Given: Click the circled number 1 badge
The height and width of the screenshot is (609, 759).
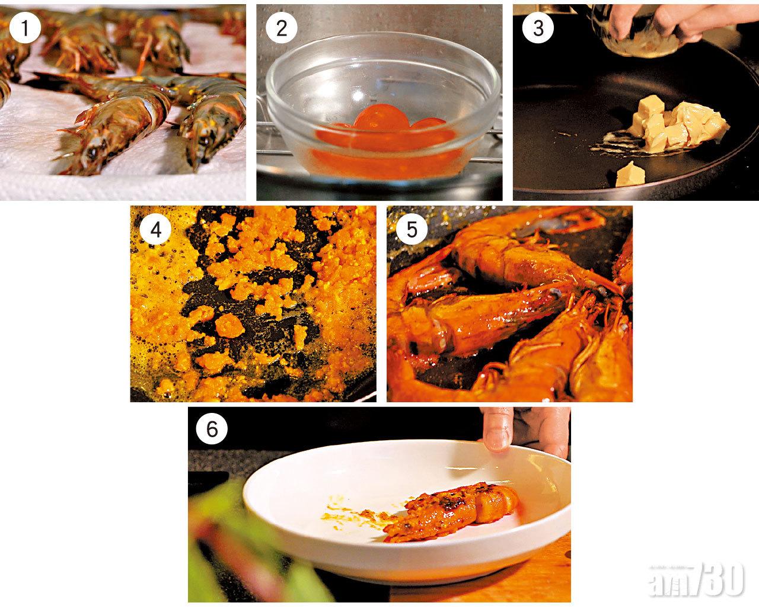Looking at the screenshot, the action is pos(25,28).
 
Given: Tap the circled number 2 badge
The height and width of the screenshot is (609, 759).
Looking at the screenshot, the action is pos(282,28).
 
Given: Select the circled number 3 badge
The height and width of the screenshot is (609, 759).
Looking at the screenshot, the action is pos(538,28).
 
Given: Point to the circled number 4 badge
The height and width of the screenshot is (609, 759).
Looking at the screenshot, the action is pos(155,230).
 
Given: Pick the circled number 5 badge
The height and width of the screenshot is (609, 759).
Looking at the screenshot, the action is pos(412,230).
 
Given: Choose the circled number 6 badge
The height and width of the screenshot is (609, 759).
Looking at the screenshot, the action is pos(212,429).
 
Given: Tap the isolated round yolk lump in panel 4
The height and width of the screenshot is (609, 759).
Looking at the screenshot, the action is pos(229,326).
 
